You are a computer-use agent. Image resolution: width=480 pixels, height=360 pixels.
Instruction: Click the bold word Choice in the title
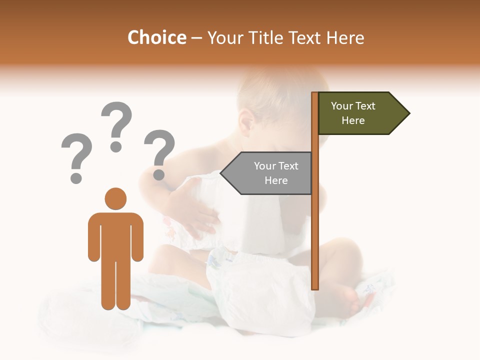pyautogui.click(x=156, y=37)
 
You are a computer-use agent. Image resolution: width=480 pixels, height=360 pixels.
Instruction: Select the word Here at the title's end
pyautogui.click(x=345, y=37)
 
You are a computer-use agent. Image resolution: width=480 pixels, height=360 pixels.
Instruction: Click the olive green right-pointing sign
pyautogui.click(x=357, y=113)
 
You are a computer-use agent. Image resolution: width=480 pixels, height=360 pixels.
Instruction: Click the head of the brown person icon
pyautogui.click(x=115, y=198)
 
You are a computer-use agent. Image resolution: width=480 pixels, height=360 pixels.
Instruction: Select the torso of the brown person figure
pyautogui.click(x=115, y=235)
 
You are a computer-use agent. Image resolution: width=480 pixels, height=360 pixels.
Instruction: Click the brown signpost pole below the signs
pyautogui.click(x=315, y=240)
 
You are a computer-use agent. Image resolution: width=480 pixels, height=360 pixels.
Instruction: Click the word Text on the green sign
pyautogui.click(x=366, y=106)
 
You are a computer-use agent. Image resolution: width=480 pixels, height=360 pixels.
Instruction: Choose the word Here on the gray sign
pyautogui.click(x=276, y=180)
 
